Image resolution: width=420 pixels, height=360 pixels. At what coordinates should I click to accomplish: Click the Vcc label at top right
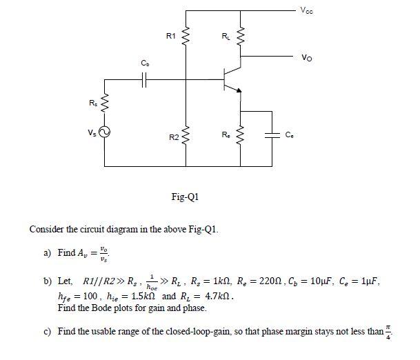point(306,9)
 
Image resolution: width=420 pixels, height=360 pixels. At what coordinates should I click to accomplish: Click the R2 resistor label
point(174,138)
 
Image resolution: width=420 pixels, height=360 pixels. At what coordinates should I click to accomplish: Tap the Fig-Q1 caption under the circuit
point(185,197)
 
